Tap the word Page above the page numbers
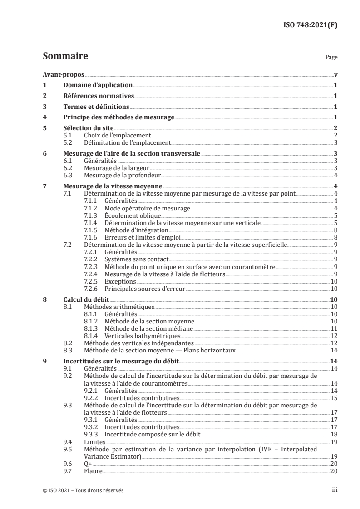331,58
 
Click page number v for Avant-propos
335,74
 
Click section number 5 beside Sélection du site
44,128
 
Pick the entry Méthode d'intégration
130,230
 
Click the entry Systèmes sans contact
129,259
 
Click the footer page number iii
335,490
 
